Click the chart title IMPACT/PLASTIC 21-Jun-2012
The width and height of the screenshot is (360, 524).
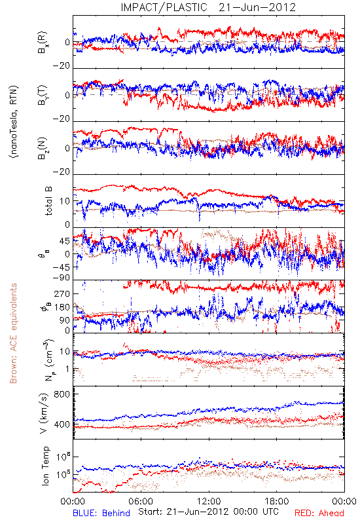pyautogui.click(x=208, y=7)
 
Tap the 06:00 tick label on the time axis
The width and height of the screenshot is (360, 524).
pyautogui.click(x=141, y=501)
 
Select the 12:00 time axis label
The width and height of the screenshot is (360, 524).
pyautogui.click(x=209, y=501)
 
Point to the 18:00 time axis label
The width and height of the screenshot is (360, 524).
pyautogui.click(x=277, y=501)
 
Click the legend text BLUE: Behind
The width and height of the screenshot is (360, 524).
pyautogui.click(x=101, y=513)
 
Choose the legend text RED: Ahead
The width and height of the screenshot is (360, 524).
pyautogui.click(x=319, y=513)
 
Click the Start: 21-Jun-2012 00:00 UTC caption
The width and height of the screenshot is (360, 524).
pyautogui.click(x=208, y=512)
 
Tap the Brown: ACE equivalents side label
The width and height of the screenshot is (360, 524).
pyautogui.click(x=13, y=333)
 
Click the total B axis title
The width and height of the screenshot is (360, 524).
pyautogui.click(x=48, y=201)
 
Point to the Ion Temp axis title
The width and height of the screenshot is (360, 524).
pyautogui.click(x=45, y=466)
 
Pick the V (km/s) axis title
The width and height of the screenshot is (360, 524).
pyautogui.click(x=44, y=413)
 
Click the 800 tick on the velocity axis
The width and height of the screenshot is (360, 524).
pyautogui.click(x=62, y=394)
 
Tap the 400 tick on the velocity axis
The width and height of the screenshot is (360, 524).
pyautogui.click(x=62, y=424)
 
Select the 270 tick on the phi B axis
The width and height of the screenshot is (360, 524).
pyautogui.click(x=62, y=293)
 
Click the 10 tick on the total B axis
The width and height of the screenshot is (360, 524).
pyautogui.click(x=65, y=202)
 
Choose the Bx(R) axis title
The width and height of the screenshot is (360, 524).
pyautogui.click(x=43, y=43)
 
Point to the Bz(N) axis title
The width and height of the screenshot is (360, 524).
pyautogui.click(x=43, y=149)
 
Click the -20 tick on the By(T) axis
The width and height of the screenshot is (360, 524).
pyautogui.click(x=62, y=119)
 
